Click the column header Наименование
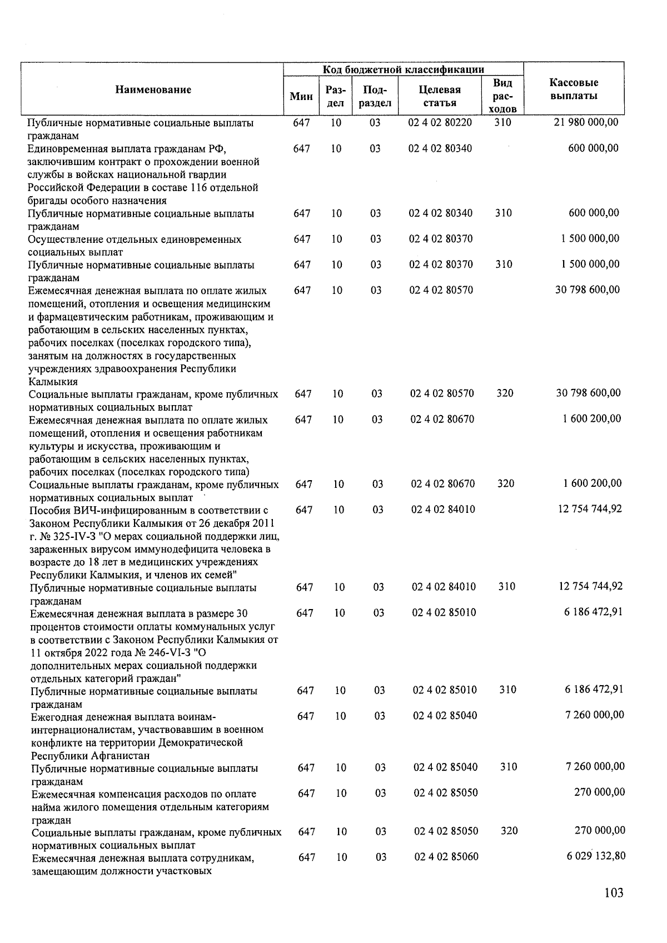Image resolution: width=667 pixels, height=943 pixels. [153, 89]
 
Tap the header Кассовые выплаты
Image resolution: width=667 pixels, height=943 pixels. [574, 89]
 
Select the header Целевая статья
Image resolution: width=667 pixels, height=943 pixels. [440, 96]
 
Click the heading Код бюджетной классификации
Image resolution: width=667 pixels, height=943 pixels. [403, 69]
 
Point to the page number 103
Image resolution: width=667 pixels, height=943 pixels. [614, 893]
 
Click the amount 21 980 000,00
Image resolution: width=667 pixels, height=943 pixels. [586, 122]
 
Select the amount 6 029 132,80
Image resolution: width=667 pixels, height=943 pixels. [596, 856]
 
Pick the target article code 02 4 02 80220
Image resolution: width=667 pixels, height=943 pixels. [440, 122]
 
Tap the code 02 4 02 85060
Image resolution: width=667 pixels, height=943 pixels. [446, 857]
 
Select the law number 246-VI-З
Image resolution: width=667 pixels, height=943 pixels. [158, 652]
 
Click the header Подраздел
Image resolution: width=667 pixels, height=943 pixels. [376, 96]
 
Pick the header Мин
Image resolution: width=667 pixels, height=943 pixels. [301, 97]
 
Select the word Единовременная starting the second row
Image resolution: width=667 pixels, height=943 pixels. [63, 149]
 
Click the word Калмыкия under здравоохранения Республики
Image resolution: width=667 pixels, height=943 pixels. [53, 382]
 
